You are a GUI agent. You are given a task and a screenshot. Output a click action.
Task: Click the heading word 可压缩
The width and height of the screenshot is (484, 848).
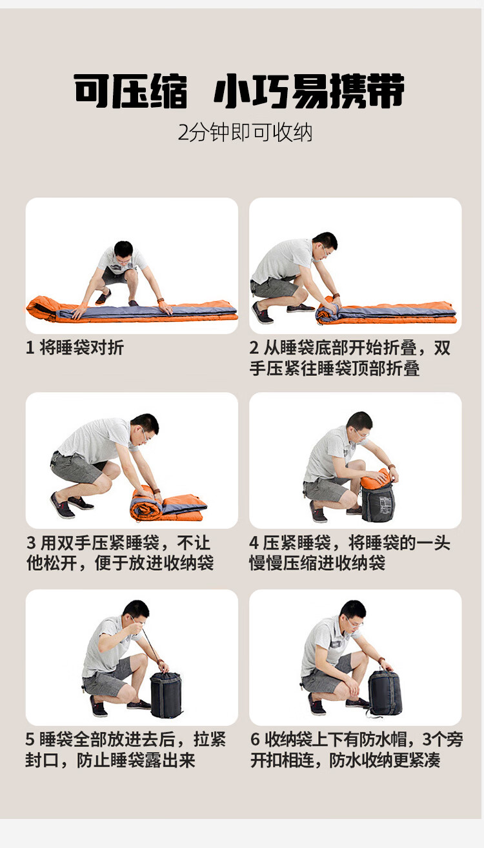pyautogui.click(x=130, y=91)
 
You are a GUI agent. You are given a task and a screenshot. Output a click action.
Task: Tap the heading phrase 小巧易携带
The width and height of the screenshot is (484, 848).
pyautogui.click(x=309, y=91)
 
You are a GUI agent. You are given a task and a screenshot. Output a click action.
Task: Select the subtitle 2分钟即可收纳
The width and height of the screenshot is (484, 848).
pyautogui.click(x=245, y=132)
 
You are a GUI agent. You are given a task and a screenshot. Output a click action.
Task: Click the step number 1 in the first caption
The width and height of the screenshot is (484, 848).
pyautogui.click(x=30, y=348)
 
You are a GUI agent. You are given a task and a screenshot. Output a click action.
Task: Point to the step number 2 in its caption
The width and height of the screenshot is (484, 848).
pyautogui.click(x=254, y=348)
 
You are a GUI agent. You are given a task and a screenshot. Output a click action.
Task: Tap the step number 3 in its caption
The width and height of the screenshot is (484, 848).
pyautogui.click(x=31, y=543)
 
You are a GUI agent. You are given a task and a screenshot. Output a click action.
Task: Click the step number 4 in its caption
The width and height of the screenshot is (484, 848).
pyautogui.click(x=254, y=543)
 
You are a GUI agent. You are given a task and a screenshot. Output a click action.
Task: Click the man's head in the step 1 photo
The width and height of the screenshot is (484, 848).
pyautogui.click(x=123, y=251)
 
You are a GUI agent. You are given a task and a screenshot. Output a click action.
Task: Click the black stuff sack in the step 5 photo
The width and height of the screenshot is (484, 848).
pyautogui.click(x=166, y=694)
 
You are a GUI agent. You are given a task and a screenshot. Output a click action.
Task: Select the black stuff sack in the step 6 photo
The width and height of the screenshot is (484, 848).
pyautogui.click(x=385, y=693)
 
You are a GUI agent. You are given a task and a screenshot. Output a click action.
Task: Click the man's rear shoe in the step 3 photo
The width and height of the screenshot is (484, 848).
pyautogui.click(x=62, y=506)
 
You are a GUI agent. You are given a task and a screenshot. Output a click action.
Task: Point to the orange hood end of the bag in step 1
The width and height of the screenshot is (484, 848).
pyautogui.click(x=41, y=308)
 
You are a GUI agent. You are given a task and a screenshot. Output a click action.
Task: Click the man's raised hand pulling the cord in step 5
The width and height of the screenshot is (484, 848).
pyautogui.click(x=136, y=629)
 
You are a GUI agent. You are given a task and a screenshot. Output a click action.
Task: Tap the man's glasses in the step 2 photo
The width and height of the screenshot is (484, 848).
pyautogui.click(x=325, y=250)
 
